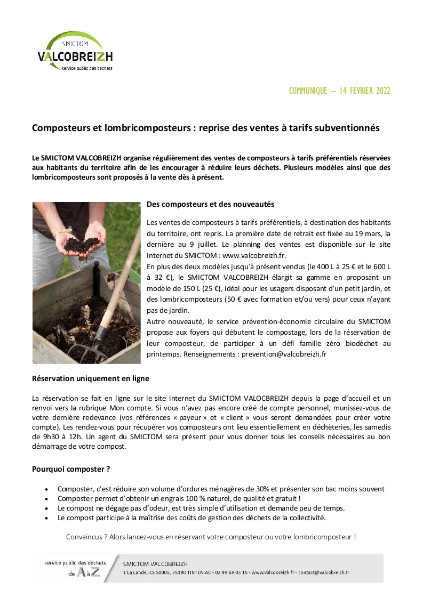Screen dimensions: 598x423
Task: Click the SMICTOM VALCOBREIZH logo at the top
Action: tap(75, 51)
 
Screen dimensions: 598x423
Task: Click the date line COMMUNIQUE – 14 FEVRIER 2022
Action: tap(339, 91)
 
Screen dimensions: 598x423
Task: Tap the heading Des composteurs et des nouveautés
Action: tap(210, 204)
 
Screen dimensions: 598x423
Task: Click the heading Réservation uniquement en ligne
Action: tap(91, 378)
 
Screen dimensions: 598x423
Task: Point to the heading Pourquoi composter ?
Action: tap(71, 470)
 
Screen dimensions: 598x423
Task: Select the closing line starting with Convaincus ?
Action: tap(211, 537)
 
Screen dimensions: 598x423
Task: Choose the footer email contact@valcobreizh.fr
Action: tap(324, 572)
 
